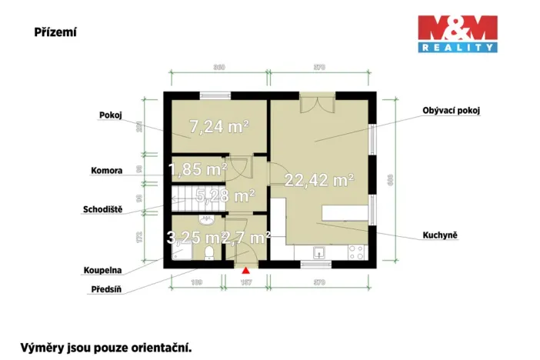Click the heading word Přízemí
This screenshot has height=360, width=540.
point(55,32)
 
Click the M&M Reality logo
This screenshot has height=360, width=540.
point(457,34)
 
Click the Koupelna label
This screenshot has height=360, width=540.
point(102,271)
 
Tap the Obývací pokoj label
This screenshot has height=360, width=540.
point(451,111)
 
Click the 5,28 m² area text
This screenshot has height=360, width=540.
point(225,195)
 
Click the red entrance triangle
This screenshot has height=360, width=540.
point(245,270)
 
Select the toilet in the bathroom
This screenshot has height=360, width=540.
point(209,255)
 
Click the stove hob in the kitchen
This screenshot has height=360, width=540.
point(355,251)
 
